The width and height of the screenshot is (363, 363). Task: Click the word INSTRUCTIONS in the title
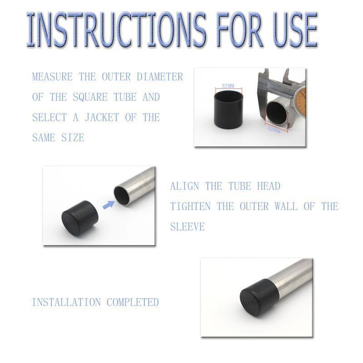(x=116, y=29)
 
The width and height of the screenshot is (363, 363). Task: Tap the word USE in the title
(x=295, y=29)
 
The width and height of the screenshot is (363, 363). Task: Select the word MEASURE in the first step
(x=52, y=77)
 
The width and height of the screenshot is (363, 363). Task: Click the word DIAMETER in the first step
(x=160, y=77)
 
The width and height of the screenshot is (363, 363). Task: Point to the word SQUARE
(x=90, y=97)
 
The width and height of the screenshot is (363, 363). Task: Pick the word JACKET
(x=102, y=118)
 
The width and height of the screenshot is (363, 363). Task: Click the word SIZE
(x=73, y=138)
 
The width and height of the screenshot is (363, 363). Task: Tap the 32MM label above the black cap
(x=228, y=86)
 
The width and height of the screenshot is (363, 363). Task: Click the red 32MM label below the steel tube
(x=274, y=130)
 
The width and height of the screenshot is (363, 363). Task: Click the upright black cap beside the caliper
(x=228, y=109)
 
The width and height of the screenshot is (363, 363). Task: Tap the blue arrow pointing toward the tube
(x=108, y=205)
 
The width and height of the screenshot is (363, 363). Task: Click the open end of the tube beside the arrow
(x=122, y=194)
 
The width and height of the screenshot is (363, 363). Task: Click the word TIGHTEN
(x=190, y=206)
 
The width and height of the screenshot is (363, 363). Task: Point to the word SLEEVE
(x=187, y=226)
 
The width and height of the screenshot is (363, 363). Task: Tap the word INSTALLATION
(x=66, y=302)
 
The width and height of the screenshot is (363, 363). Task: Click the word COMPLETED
(x=132, y=302)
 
